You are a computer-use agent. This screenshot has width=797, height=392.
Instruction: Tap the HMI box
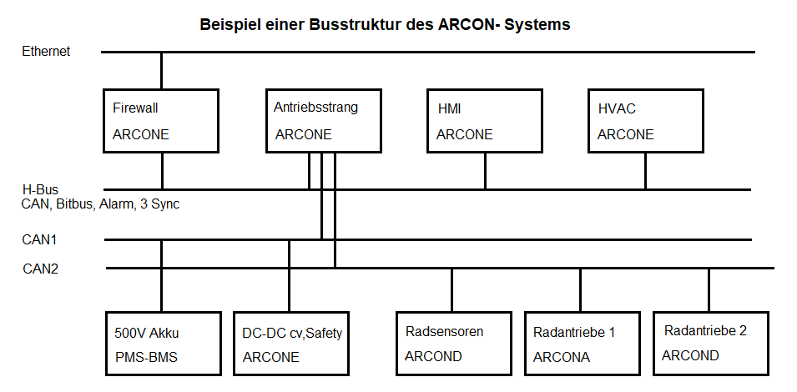point(485,121)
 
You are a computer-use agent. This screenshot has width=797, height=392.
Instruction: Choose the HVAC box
point(646,121)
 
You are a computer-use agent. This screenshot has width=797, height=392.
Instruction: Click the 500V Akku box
point(164,344)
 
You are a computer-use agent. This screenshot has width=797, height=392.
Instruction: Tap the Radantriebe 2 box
point(709,344)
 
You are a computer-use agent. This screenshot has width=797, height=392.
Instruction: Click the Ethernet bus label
point(46,52)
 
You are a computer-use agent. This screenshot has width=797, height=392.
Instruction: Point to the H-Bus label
point(40,190)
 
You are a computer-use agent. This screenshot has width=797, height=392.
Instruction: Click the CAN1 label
point(39,240)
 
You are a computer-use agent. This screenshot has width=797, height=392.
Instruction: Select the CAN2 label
point(40,269)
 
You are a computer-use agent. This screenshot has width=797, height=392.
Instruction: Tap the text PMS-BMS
point(146,357)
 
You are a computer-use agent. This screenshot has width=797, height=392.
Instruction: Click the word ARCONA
point(562,357)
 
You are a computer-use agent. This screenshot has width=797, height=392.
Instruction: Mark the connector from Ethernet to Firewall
point(162,70)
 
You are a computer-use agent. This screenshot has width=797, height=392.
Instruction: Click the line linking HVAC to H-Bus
point(645,171)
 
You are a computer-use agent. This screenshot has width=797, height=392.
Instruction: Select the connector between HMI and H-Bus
point(485,171)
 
